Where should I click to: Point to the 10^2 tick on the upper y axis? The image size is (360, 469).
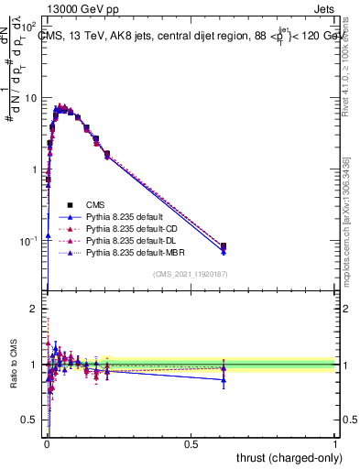pyautogui.click(x=32, y=27)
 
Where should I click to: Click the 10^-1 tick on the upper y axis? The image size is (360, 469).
pyautogui.click(x=31, y=241)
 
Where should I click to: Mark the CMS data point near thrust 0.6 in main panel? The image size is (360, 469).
pyautogui.click(x=224, y=245)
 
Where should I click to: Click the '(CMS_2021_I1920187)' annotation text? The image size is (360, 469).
pyautogui.click(x=191, y=274)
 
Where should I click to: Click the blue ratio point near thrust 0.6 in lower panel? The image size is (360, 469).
pyautogui.click(x=224, y=379)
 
